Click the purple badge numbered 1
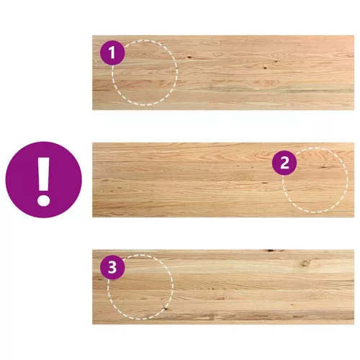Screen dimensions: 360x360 pyautogui.click(x=112, y=53)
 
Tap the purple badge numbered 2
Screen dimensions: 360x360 pyautogui.click(x=284, y=163)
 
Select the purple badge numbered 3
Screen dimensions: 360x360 pyautogui.click(x=112, y=267)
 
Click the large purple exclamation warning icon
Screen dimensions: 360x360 pyautogui.click(x=44, y=179)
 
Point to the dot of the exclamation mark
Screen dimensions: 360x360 pyautogui.click(x=43, y=199)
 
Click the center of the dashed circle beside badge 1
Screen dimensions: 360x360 pyautogui.click(x=145, y=73)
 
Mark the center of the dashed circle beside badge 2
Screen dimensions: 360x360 pyautogui.click(x=315, y=180)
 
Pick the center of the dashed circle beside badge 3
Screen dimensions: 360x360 pyautogui.click(x=140, y=287)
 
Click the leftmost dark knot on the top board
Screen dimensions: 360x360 pyautogui.click(x=189, y=57)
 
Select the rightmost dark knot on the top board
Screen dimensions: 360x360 pyautogui.click(x=276, y=61)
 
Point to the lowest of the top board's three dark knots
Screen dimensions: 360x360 pyautogui.click(x=265, y=68)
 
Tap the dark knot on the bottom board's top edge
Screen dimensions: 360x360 pyautogui.click(x=271, y=251)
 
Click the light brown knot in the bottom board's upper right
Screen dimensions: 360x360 pyautogui.click(x=305, y=263)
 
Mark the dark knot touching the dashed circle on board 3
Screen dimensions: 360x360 pyautogui.click(x=164, y=307)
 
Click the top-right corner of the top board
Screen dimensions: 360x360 pyautogui.click(x=354, y=35)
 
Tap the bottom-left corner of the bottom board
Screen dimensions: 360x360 pyautogui.click(x=92, y=324)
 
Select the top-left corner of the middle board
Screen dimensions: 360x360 pyautogui.click(x=92, y=143)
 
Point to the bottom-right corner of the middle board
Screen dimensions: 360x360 pyautogui.click(x=354, y=217)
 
